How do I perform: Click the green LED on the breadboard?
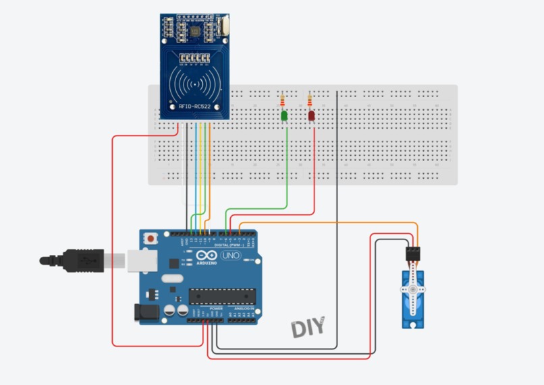tap(284, 117)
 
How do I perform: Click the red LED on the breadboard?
tap(311, 116)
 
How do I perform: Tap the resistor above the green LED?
tap(282, 102)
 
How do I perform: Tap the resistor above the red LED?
tap(310, 101)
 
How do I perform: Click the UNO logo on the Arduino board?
tap(231, 257)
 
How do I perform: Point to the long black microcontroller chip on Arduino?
tap(222, 295)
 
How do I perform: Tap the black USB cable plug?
tap(75, 260)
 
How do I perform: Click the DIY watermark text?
tap(308, 328)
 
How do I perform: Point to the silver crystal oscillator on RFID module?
tap(223, 28)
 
